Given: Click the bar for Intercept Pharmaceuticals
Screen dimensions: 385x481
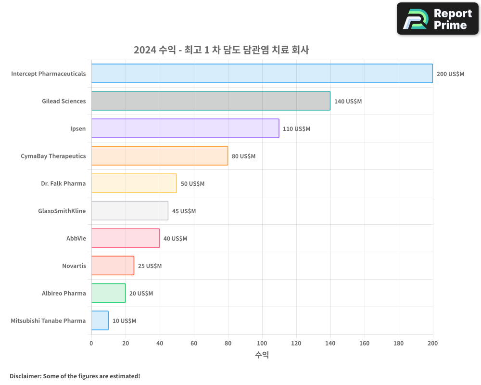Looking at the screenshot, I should pos(262,74).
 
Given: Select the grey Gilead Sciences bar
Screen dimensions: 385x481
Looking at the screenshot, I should pos(211,101).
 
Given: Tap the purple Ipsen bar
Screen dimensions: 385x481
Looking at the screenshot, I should pos(185,128).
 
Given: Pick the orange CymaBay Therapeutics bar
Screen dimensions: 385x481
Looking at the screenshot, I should pos(160,156).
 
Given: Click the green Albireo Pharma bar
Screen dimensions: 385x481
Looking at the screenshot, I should pos(108,293).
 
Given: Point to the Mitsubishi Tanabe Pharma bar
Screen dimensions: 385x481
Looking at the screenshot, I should pos(100,321).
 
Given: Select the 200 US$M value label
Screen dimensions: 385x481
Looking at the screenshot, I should pos(450,74).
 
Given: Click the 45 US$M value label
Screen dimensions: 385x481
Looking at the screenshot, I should pos(184,211).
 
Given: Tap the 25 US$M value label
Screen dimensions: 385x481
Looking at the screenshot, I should pos(150,266).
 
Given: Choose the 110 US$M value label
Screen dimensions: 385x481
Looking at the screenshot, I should pos(296,129).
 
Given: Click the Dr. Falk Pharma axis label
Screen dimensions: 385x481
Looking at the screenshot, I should pos(63,183).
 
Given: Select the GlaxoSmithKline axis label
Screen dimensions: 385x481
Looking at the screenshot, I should pos(62,211).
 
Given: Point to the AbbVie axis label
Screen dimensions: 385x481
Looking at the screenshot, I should pos(76,238).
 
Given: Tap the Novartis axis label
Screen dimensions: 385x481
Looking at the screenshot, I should pos(74,266).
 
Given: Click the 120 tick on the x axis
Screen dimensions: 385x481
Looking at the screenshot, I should pos(296,343).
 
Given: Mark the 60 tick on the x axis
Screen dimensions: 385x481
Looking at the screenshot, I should pos(194,343).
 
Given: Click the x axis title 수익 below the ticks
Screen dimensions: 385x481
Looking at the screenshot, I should pos(262,355).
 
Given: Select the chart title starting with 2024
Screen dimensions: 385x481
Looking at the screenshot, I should pos(221,50).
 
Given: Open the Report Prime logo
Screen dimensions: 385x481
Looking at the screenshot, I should pos(438,19).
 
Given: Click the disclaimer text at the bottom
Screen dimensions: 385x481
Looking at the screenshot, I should pos(75,376).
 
